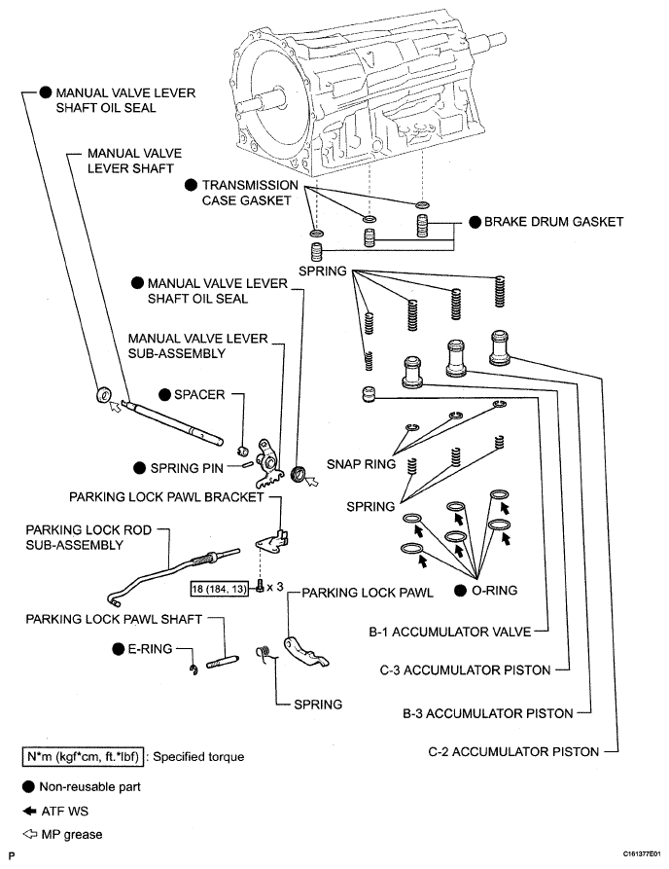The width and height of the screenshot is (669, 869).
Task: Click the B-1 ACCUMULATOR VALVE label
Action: pyautogui.click(x=449, y=632)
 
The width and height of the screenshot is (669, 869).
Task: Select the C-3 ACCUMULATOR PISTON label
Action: pyautogui.click(x=464, y=670)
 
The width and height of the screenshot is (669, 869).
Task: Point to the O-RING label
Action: pyautogui.click(x=496, y=590)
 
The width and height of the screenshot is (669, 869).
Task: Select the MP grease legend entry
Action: pyautogui.click(x=70, y=833)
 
